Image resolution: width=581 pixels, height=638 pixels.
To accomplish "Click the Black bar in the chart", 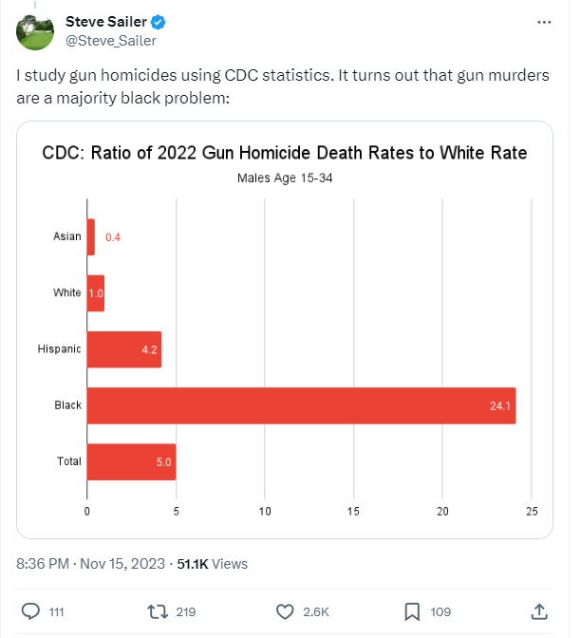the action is (301, 405).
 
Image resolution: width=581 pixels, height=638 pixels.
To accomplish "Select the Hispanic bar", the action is (124, 349).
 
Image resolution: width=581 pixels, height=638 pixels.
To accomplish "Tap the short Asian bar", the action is (91, 237).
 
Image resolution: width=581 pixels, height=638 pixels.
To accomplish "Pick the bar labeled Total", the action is (131, 461).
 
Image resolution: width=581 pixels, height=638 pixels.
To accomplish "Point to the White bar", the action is (96, 293).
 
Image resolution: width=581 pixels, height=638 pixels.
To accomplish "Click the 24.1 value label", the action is (500, 405).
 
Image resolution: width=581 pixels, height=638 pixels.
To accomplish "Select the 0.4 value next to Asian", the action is (113, 237).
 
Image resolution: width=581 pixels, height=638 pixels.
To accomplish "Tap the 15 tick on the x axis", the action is (353, 512).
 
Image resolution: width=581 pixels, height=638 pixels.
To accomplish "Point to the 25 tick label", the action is (532, 512).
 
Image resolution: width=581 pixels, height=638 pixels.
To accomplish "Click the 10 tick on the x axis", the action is (265, 512).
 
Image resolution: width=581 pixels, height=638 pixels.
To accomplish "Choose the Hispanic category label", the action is (60, 349).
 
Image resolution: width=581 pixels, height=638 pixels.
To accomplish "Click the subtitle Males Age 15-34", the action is (285, 178).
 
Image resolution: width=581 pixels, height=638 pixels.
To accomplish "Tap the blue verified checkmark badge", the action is (158, 22).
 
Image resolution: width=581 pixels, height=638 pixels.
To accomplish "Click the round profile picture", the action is (35, 31).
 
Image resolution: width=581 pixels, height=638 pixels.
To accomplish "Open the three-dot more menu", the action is (544, 23).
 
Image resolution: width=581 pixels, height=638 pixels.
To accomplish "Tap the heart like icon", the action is (285, 612).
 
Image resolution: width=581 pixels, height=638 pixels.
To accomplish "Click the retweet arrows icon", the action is (158, 612).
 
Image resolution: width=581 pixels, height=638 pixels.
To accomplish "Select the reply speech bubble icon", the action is (30, 611).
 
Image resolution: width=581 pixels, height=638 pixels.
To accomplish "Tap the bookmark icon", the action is (412, 612).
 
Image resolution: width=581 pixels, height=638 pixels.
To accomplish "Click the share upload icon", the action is (539, 611).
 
